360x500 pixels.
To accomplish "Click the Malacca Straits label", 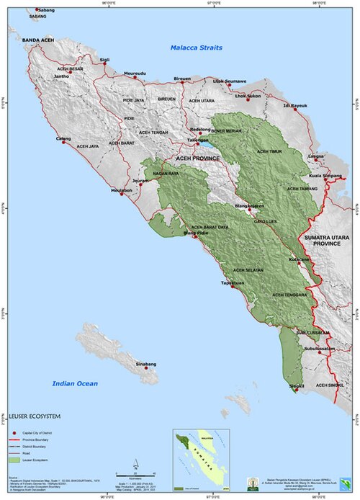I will [197, 48].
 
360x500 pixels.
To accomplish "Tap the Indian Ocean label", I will [75, 383].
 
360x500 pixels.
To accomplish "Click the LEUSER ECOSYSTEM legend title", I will [36, 416].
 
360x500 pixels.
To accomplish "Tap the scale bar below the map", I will [133, 471].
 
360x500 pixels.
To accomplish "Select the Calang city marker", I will [64, 142].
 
